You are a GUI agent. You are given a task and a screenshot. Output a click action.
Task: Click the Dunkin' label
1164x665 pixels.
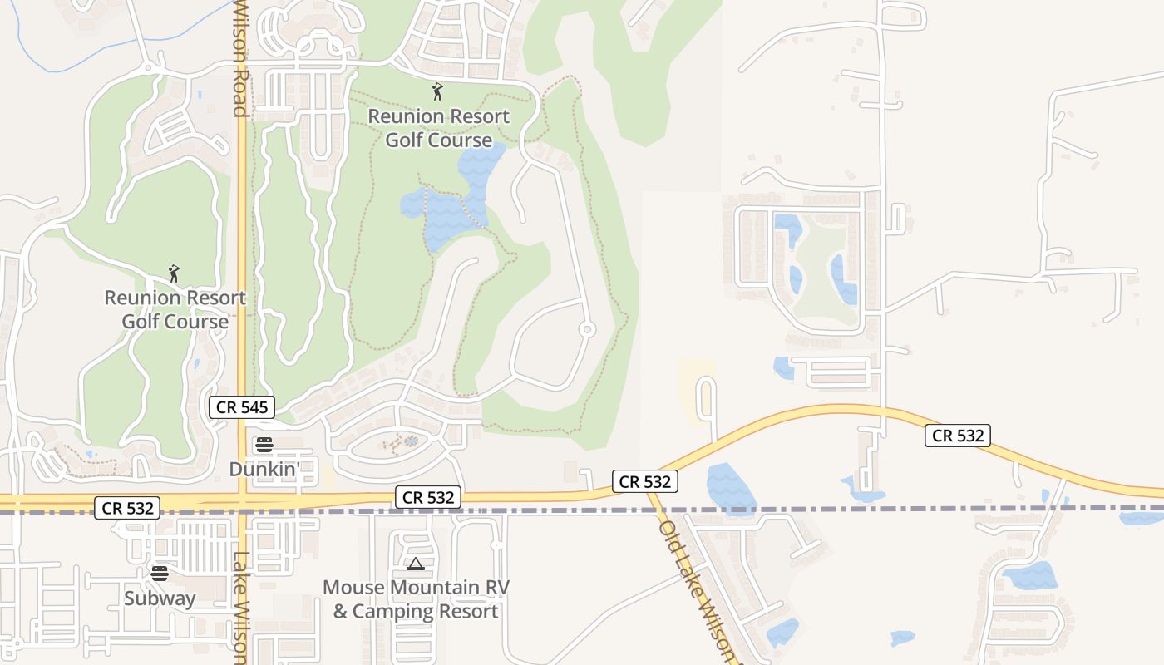pyautogui.click(x=264, y=470)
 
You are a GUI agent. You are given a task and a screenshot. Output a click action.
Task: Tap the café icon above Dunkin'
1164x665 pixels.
pyautogui.click(x=264, y=445)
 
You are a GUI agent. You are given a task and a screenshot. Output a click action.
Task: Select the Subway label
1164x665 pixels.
pyautogui.click(x=160, y=598)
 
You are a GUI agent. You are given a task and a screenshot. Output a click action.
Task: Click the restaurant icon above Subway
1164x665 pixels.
pyautogui.click(x=160, y=573)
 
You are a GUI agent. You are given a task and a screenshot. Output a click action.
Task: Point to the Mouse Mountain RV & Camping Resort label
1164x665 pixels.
pyautogui.click(x=416, y=599)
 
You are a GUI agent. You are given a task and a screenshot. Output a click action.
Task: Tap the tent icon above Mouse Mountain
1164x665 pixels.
pyautogui.click(x=415, y=564)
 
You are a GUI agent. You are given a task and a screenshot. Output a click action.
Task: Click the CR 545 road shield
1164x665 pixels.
pyautogui.click(x=242, y=407)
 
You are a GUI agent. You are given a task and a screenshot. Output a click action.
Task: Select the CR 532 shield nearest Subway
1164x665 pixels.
pyautogui.click(x=128, y=508)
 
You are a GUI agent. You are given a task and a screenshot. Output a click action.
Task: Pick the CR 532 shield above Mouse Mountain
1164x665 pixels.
pyautogui.click(x=428, y=497)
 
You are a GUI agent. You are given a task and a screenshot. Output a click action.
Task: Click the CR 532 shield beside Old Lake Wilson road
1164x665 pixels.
pyautogui.click(x=645, y=481)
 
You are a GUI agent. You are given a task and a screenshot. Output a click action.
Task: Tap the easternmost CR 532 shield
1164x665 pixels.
pyautogui.click(x=958, y=435)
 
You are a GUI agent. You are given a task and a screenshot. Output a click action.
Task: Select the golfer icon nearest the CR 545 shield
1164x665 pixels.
pyautogui.click(x=174, y=273)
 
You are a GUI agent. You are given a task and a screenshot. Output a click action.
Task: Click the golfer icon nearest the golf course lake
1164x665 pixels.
pyautogui.click(x=437, y=91)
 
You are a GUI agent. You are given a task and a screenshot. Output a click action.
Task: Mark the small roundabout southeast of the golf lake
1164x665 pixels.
pyautogui.click(x=587, y=330)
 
